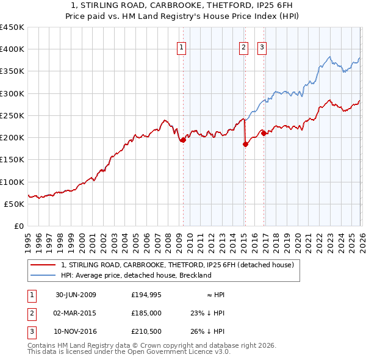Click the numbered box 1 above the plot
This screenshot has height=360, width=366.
182,48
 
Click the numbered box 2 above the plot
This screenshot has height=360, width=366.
244,48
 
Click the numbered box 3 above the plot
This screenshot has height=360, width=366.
262,48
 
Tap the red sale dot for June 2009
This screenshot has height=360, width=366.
183,140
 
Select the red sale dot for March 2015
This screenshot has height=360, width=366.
245,145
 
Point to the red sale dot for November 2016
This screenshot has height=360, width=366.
263,133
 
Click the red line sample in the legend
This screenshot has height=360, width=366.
43,265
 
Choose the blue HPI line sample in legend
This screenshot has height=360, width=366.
43,275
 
